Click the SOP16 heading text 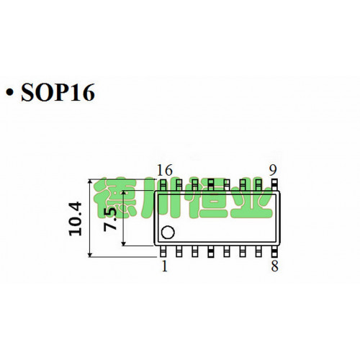(58, 92)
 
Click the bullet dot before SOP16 (9, 94)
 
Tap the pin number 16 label (165, 170)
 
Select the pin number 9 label (273, 170)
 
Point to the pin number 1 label (164, 266)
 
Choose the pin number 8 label (274, 266)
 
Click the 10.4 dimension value (76, 219)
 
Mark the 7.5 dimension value (110, 220)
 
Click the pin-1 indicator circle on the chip (168, 233)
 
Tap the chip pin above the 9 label (274, 184)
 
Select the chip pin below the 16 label (163, 184)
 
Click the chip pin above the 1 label (163, 251)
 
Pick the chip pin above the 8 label (274, 251)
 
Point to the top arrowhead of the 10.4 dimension (90, 182)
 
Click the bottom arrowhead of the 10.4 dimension (90, 254)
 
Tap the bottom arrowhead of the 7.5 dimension (124, 243)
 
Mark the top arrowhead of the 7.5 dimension (124, 194)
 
